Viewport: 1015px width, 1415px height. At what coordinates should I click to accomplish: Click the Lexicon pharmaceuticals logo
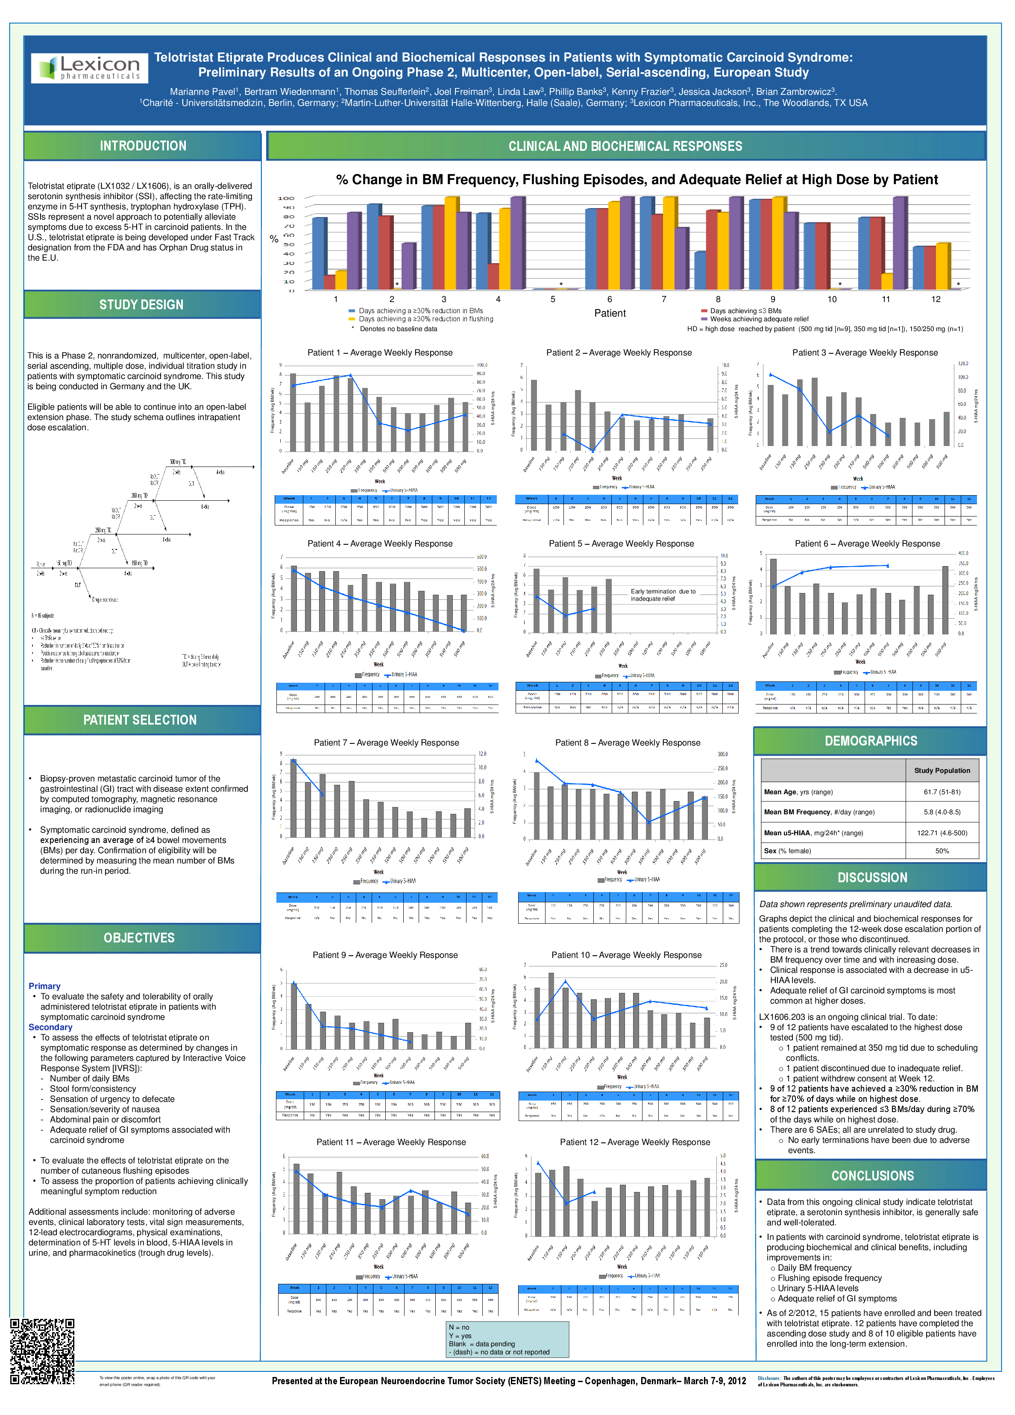tap(90, 68)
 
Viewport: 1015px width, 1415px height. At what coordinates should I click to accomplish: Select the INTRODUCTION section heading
tap(143, 146)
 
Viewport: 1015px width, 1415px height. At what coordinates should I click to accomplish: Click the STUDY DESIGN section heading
tap(142, 305)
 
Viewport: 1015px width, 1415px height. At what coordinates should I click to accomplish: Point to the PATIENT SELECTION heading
tap(141, 720)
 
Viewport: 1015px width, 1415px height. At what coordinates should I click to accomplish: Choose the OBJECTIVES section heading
tap(139, 938)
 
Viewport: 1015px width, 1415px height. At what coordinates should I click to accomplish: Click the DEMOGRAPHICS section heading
tap(871, 741)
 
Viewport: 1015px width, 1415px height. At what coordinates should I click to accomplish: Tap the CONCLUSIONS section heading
tap(872, 1176)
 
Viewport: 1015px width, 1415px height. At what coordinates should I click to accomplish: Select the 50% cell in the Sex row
tap(942, 851)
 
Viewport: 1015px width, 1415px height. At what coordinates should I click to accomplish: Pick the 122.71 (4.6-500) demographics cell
tap(942, 833)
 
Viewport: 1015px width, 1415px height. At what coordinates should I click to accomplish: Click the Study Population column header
tap(942, 770)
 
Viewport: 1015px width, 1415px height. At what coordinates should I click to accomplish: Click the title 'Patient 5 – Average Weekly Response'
tap(622, 544)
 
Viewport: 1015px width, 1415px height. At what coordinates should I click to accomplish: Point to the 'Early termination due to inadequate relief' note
tap(663, 595)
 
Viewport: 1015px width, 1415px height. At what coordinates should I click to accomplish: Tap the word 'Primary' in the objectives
tap(44, 986)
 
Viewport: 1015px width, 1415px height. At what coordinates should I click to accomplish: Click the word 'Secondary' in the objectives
tap(50, 1027)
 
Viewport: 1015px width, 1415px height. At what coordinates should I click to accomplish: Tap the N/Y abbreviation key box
tap(507, 1339)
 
